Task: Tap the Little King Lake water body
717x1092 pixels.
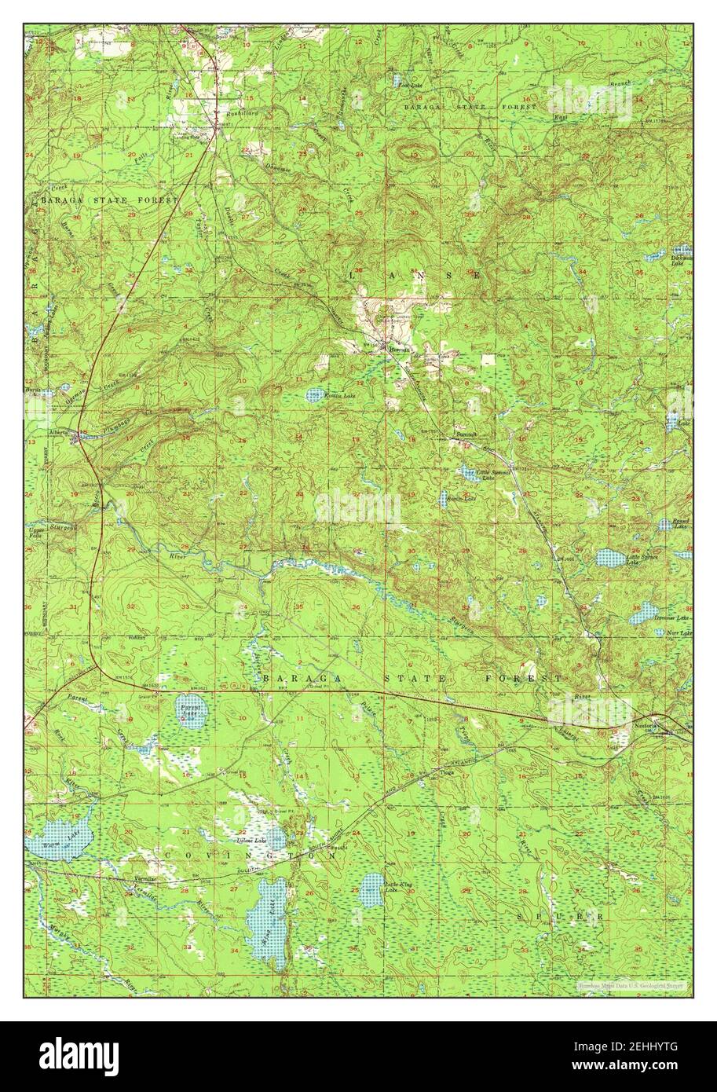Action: (x=371, y=889)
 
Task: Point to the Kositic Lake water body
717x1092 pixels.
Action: (x=314, y=394)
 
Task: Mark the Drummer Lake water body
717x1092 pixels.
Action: (x=642, y=614)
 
